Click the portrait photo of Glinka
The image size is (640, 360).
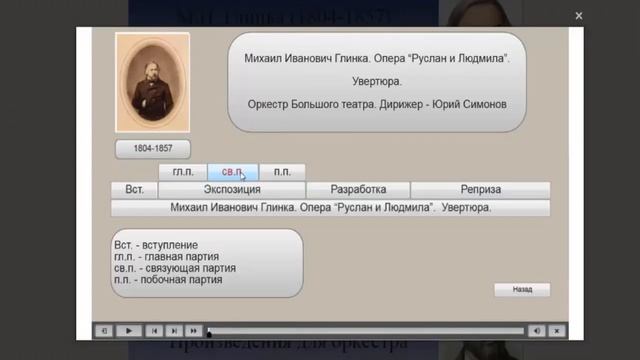[x=152, y=82]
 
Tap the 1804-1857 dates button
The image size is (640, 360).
[x=153, y=148]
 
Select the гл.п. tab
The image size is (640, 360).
[x=183, y=172]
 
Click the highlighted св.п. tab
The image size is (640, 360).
[x=234, y=172]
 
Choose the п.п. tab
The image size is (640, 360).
[x=282, y=172]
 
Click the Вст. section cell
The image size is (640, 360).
[x=134, y=190]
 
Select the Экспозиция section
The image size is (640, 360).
[x=232, y=190]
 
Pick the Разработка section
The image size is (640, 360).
[x=357, y=190]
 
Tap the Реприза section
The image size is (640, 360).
[x=480, y=190]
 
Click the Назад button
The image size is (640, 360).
[x=523, y=289]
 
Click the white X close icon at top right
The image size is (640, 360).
[x=579, y=16]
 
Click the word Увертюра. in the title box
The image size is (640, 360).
[x=377, y=81]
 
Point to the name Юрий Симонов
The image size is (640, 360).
[x=473, y=104]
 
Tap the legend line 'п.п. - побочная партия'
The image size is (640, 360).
[x=168, y=280]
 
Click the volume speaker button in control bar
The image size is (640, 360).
[x=537, y=330]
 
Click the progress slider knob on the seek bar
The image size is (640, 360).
[x=209, y=330]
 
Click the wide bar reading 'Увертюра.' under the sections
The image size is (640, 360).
[x=330, y=208]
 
